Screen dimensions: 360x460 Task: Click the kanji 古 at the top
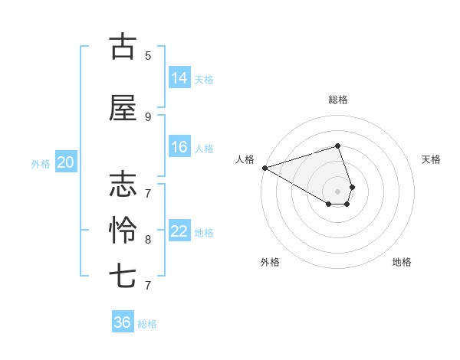123,46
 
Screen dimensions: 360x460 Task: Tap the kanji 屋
123,110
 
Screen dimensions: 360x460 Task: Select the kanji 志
123,185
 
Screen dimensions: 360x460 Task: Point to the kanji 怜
123,230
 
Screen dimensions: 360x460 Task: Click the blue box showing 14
179,78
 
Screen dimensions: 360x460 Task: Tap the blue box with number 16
179,148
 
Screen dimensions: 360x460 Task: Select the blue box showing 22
179,232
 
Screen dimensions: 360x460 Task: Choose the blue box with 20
66,162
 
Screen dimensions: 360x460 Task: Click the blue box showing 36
123,322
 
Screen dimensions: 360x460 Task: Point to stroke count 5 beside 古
148,55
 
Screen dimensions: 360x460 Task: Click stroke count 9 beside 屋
148,116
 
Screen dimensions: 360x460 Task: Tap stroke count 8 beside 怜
148,239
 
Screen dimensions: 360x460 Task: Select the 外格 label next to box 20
41,163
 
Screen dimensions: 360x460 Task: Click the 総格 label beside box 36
147,324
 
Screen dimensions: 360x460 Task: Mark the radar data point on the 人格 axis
264,168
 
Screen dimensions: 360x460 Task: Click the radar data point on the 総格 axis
337,146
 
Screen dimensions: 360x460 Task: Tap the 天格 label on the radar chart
432,159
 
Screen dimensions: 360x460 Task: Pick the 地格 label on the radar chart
402,262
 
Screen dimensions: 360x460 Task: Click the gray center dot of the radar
337,191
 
